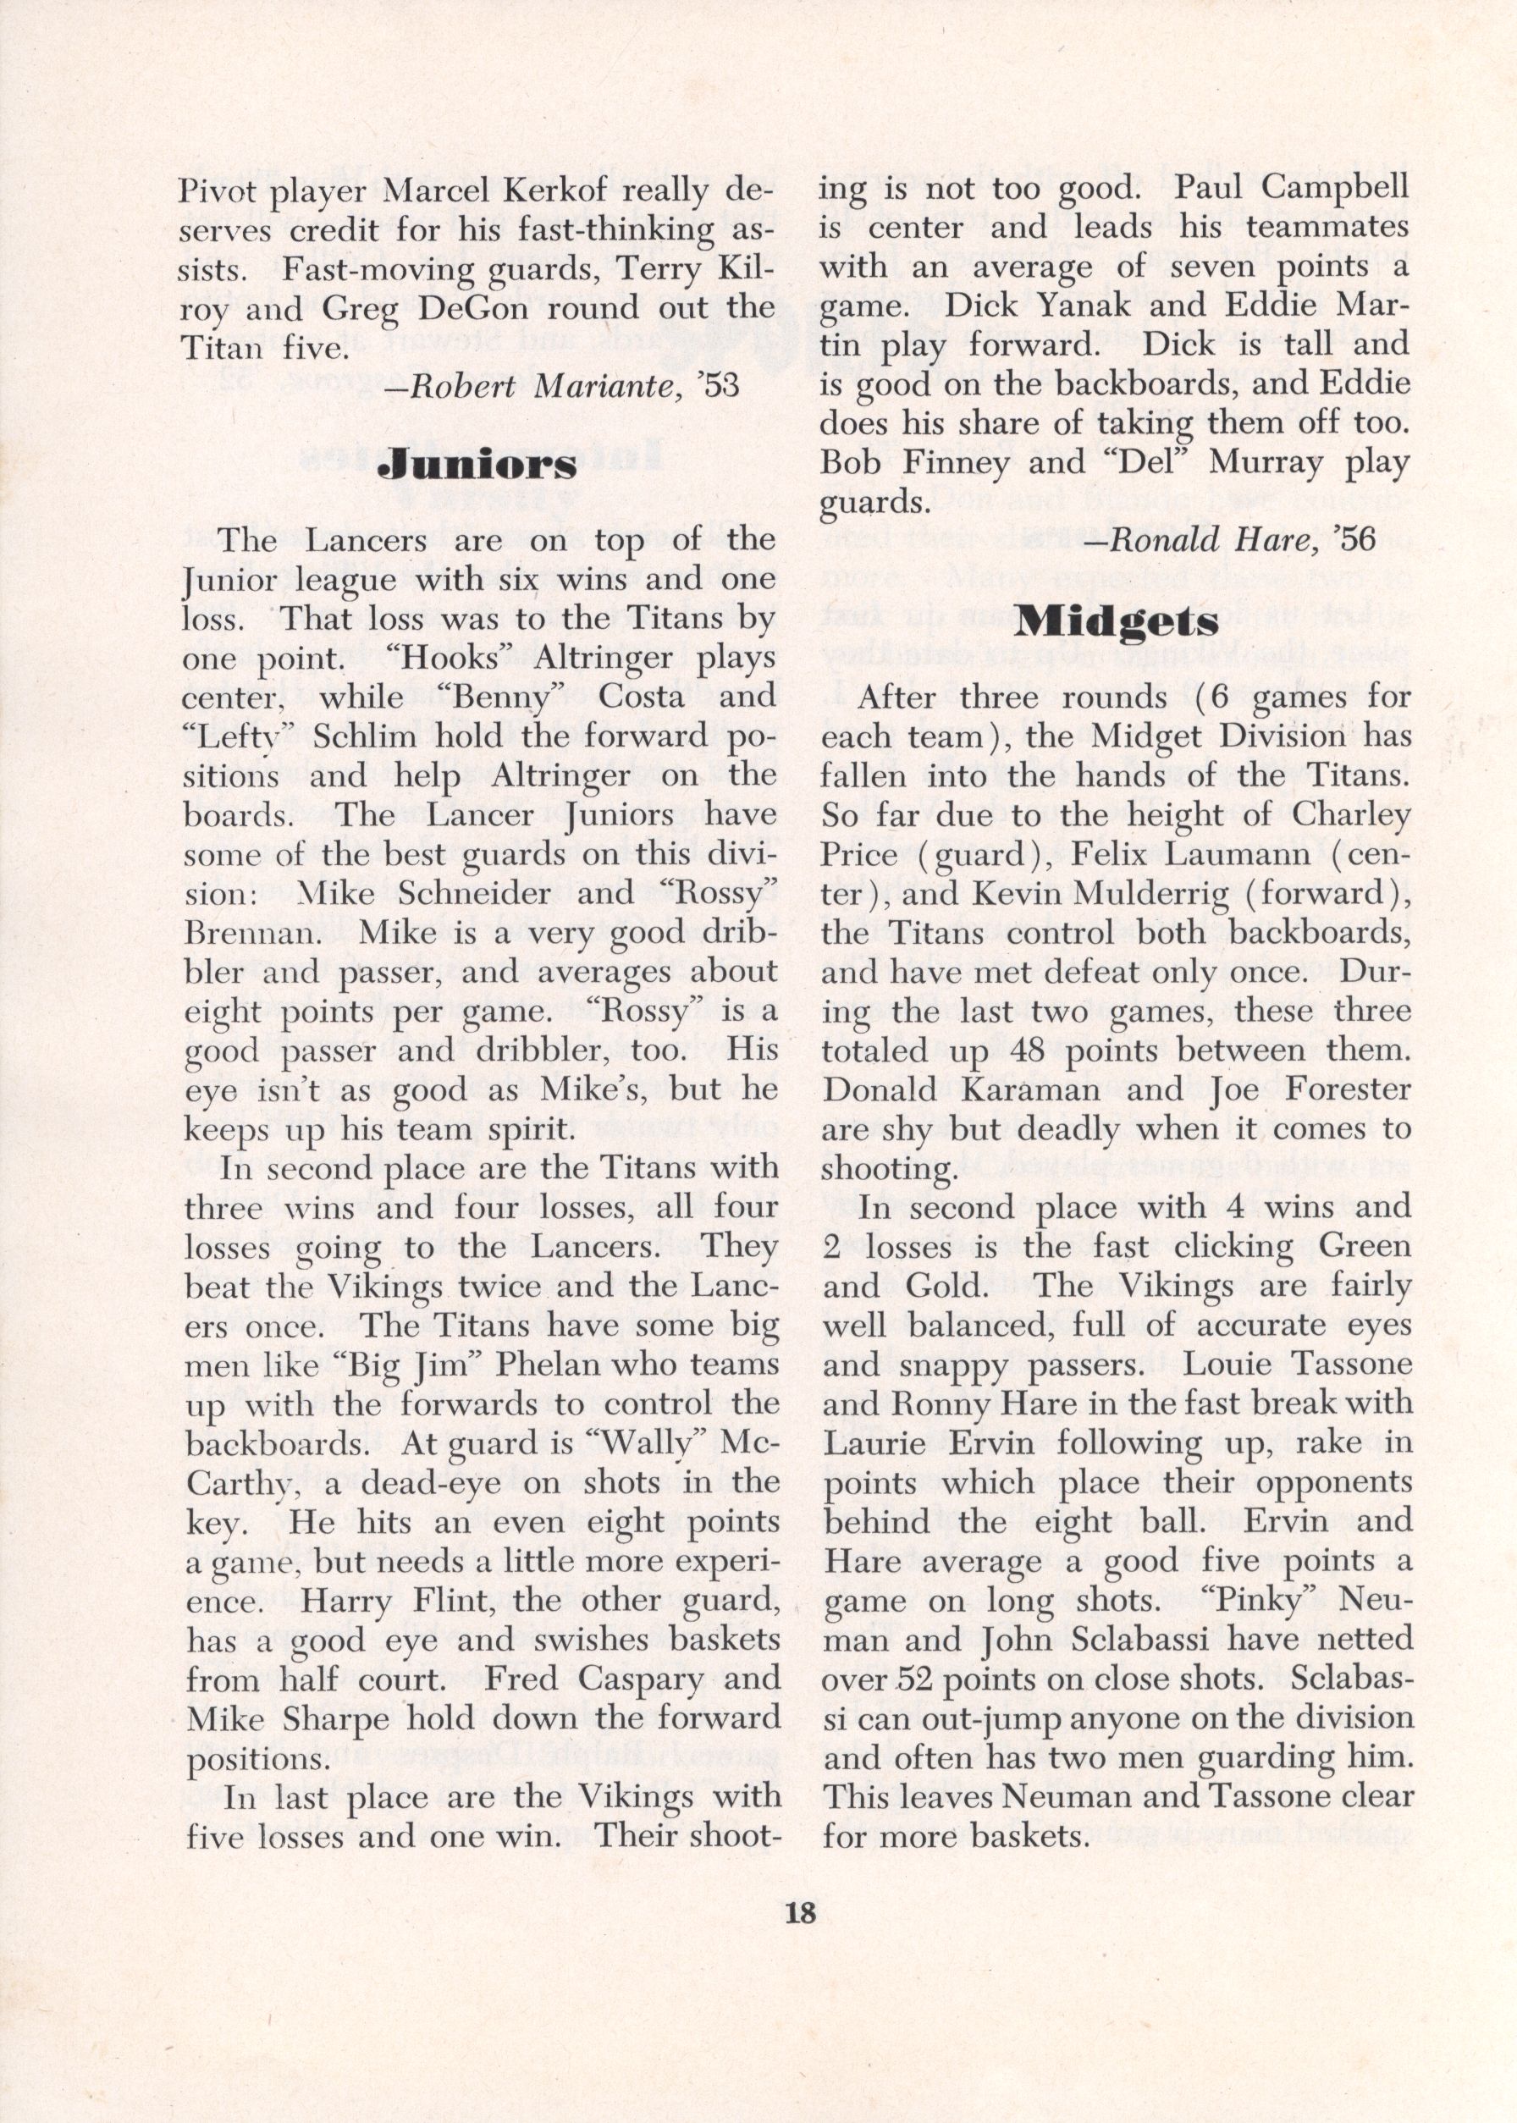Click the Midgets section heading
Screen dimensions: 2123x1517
click(x=1116, y=622)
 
